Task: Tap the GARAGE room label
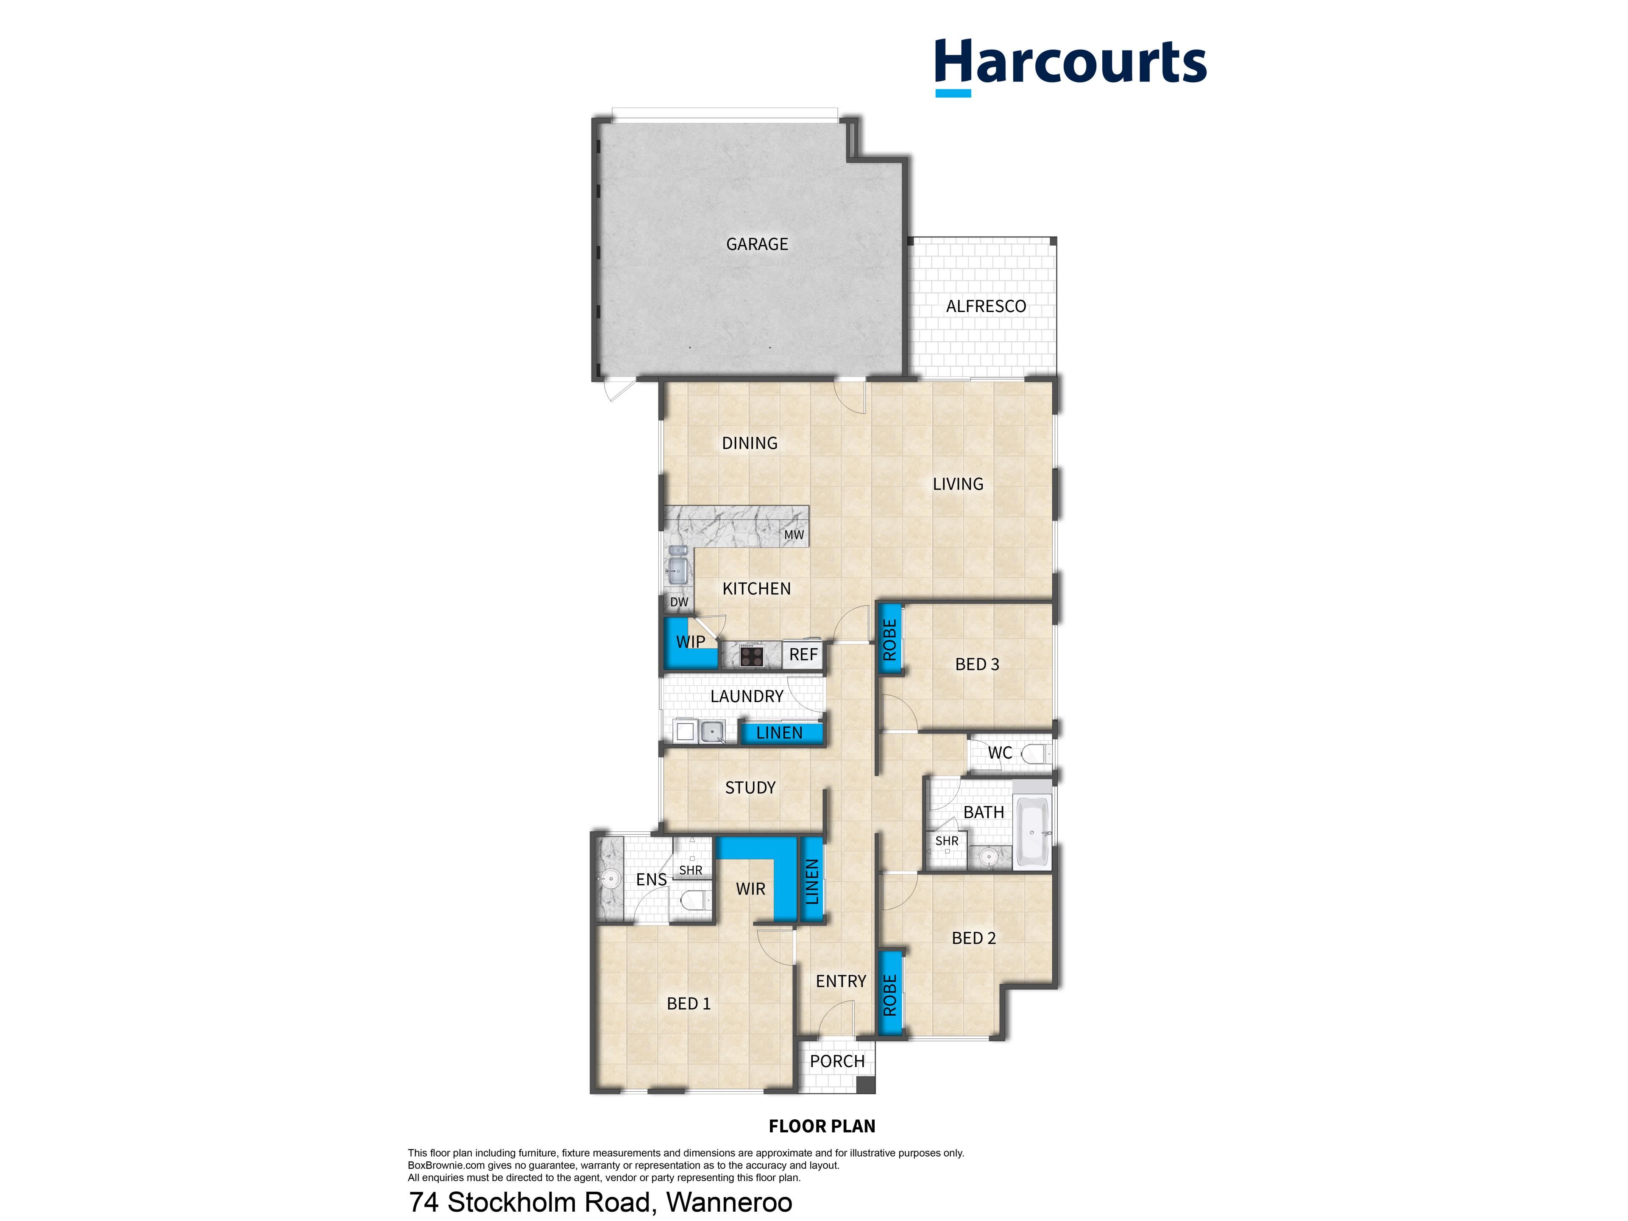(x=757, y=244)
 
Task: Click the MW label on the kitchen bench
(x=794, y=535)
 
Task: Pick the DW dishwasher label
(x=679, y=602)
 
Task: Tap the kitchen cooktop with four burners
(x=751, y=654)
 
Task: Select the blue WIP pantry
(x=690, y=643)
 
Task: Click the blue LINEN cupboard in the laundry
(x=780, y=733)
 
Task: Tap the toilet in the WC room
(x=1036, y=753)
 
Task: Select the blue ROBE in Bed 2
(x=889, y=994)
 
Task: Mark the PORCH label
(x=838, y=1061)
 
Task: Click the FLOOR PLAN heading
(x=822, y=1126)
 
